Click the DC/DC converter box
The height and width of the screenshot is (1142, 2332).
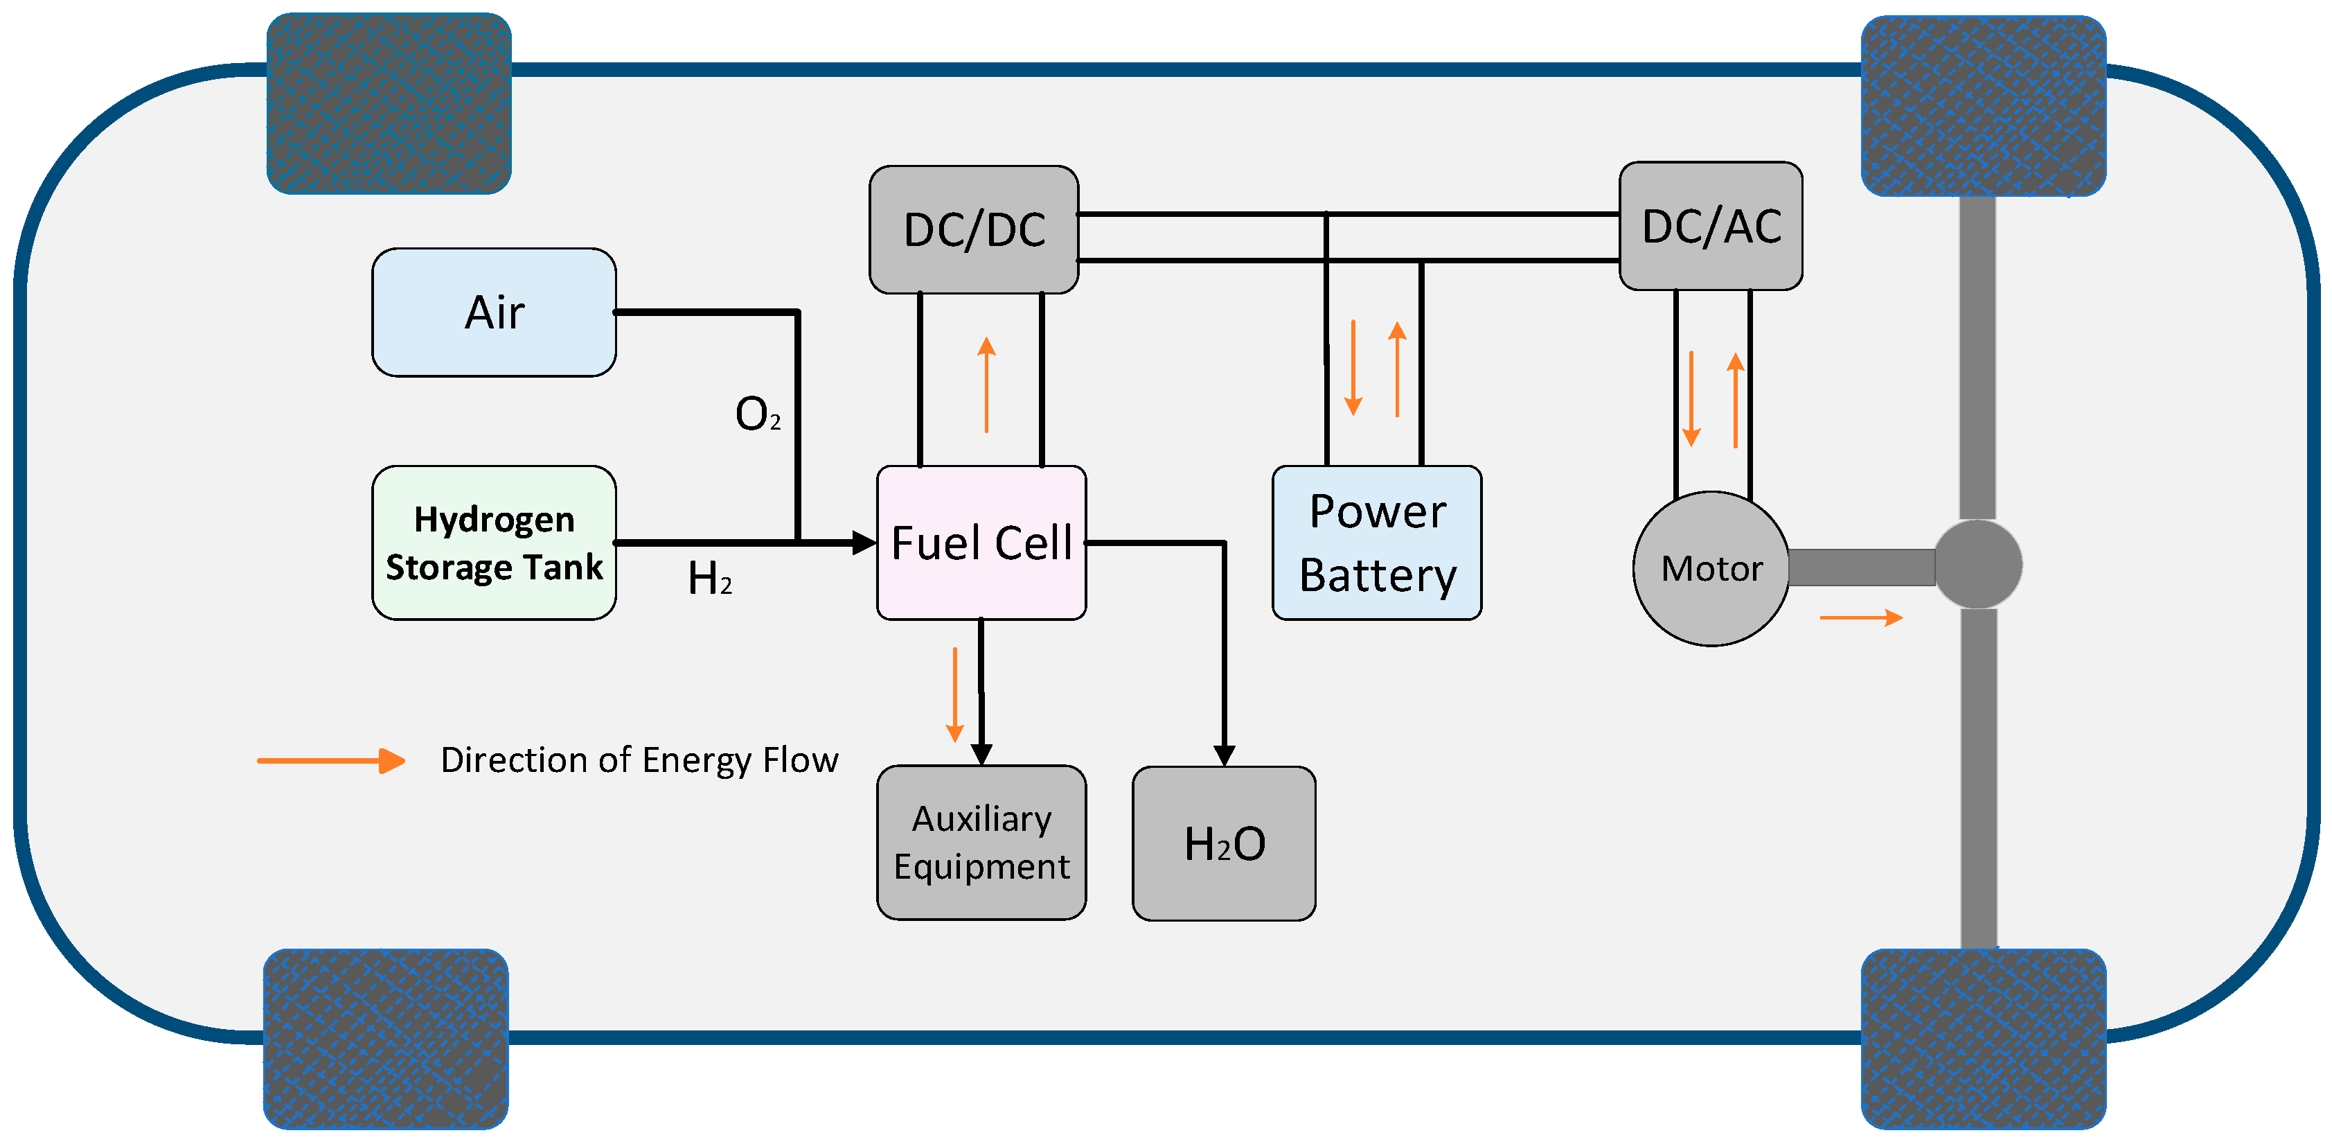coord(973,230)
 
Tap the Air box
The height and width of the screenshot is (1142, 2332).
coord(495,313)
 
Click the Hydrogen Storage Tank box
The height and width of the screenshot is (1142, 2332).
coord(495,543)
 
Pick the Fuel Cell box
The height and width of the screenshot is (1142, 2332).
coord(981,543)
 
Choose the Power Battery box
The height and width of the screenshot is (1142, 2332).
coord(1377,543)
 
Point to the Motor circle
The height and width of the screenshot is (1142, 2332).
coord(1711,569)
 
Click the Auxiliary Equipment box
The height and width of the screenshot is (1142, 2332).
coord(981,842)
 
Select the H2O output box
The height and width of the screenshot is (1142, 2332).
coord(1224,843)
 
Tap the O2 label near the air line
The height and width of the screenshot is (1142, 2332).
coord(757,415)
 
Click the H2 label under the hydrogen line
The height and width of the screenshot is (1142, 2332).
coord(710,579)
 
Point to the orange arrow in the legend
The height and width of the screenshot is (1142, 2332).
coord(331,761)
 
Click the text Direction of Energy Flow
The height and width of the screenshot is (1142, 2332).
coord(639,759)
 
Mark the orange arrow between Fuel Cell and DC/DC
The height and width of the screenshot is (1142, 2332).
coord(987,384)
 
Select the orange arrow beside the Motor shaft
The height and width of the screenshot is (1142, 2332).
coord(1861,617)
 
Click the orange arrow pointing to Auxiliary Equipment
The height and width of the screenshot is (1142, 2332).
coord(954,694)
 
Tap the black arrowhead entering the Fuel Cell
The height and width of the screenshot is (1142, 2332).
coord(864,543)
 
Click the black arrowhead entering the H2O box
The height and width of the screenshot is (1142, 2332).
coord(1224,755)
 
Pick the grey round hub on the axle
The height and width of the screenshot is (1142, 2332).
coord(1978,564)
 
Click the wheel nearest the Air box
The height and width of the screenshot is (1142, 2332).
coord(389,103)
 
